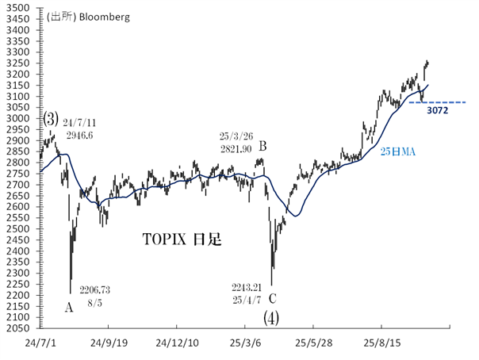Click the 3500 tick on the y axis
pos(21,7)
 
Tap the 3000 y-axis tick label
pos(21,118)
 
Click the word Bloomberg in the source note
pos(103,15)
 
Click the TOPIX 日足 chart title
pos(182,238)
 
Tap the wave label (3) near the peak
pos(52,117)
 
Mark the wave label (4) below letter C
pos(272,318)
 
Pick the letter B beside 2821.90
pos(262,146)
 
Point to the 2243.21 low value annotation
pos(247,288)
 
